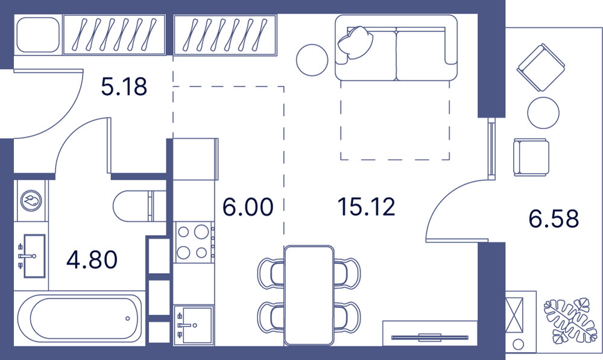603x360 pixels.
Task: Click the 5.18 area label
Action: point(124,87)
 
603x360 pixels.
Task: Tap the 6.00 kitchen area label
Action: point(248,207)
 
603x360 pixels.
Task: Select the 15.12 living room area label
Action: point(366,207)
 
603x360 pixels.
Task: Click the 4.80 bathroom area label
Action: point(92,260)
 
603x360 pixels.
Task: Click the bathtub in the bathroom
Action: point(80,318)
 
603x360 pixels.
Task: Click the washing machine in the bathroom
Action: point(31,200)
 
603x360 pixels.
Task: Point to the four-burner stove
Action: point(193,242)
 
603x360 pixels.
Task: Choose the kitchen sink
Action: point(194,325)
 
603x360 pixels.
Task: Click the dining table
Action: point(309,295)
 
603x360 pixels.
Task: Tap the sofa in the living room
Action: point(396,48)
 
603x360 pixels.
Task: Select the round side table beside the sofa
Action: point(312,60)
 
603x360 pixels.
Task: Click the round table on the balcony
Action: point(543,113)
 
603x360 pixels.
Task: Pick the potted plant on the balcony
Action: point(567,320)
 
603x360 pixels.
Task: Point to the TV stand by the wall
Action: point(430,333)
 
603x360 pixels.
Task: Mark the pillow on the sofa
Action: point(355,42)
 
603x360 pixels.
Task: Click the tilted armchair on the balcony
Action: point(541,68)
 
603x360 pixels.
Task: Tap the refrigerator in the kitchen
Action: point(195,159)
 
